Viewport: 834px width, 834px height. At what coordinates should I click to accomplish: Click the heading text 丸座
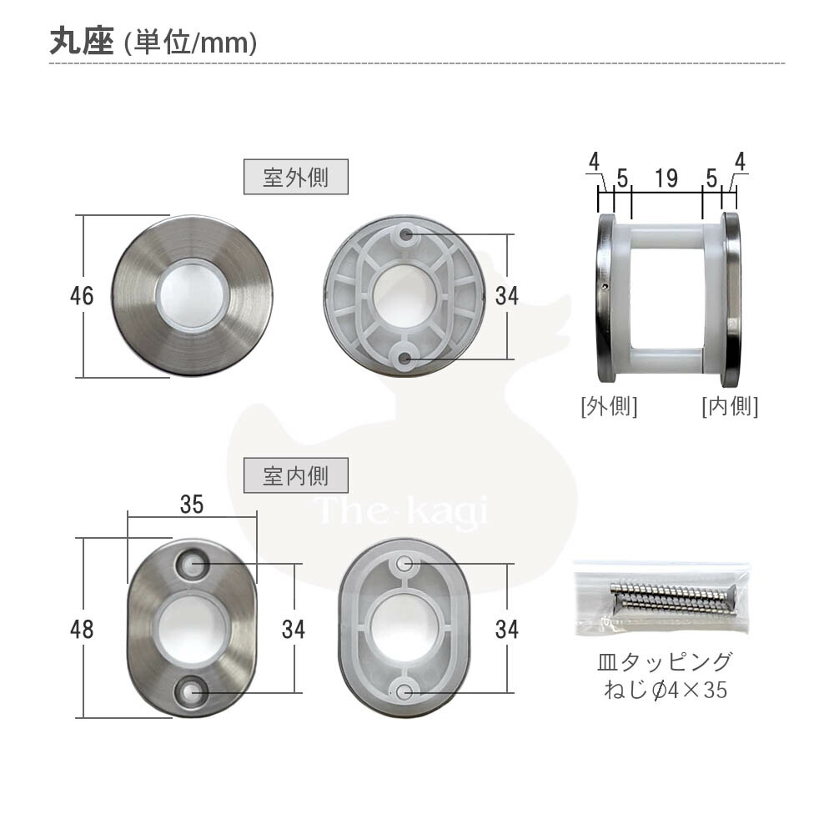80,42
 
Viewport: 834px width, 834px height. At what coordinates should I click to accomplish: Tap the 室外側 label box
295,178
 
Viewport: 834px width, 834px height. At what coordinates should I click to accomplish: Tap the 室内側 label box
295,476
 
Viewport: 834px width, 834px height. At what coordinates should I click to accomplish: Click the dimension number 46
82,295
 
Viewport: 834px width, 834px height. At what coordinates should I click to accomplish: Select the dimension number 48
82,628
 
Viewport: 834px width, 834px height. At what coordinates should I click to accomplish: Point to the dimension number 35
192,504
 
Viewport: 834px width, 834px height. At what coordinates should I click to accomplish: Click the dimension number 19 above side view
666,178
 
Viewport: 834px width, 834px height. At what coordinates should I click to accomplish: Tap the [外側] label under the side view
609,406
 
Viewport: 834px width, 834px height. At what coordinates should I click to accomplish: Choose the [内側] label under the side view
729,406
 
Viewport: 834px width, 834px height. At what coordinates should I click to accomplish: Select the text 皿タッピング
665,663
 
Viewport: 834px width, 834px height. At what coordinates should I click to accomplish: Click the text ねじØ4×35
665,691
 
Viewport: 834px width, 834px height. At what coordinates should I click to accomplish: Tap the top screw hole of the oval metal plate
193,565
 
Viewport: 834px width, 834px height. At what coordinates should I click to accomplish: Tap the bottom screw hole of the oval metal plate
193,690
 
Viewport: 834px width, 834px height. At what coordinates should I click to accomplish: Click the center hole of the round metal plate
192,295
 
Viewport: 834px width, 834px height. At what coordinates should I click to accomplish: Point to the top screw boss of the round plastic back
406,235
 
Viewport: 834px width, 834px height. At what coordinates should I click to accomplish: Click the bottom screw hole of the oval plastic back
404,691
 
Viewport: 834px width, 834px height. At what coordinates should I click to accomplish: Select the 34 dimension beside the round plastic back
506,295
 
